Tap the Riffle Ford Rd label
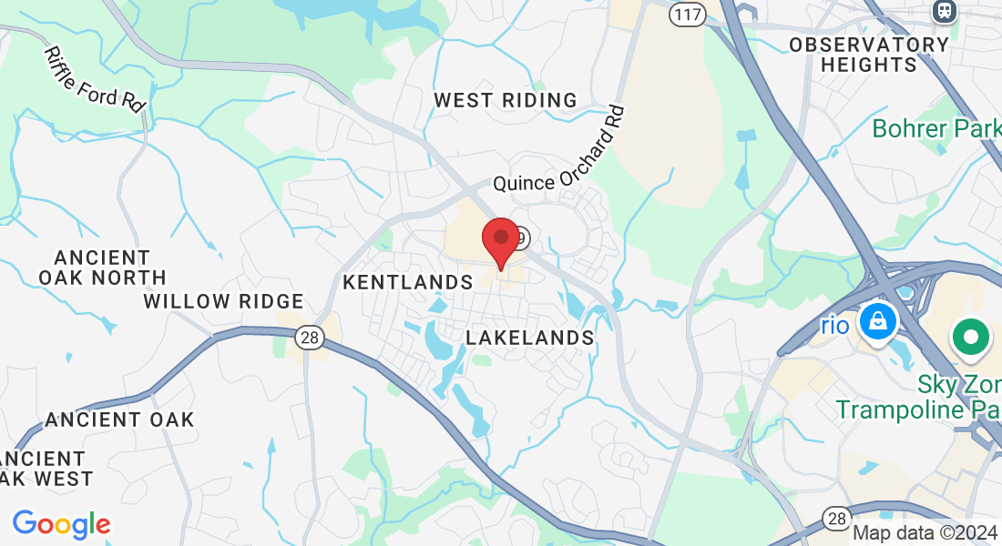tap(95, 79)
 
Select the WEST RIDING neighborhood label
tap(506, 100)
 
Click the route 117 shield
tap(687, 14)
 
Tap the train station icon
tap(945, 11)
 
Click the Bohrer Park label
tap(936, 128)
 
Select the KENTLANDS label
tap(408, 283)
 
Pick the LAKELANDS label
tap(530, 338)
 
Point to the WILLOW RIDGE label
tap(224, 301)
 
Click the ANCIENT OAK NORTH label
tap(102, 268)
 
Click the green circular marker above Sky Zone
tap(971, 338)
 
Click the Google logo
tap(61, 524)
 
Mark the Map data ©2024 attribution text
tap(924, 533)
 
